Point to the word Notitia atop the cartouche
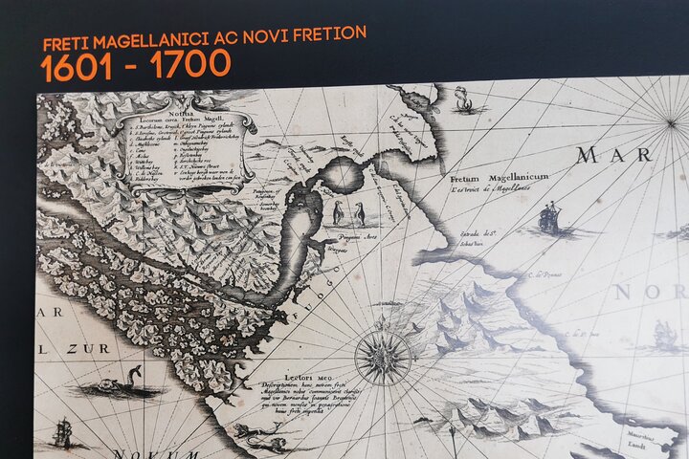pos(179,113)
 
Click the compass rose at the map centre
pos(383,357)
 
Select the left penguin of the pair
pos(338,212)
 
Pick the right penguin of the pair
pos(361,213)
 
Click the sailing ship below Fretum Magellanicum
pos(550,219)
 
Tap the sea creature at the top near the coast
pos(465,99)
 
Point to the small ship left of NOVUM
pos(66,432)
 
